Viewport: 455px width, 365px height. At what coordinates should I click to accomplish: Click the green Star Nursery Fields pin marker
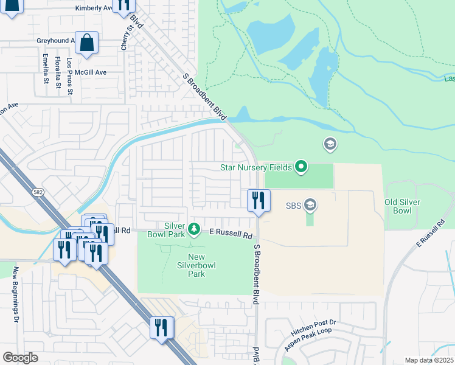[301, 166]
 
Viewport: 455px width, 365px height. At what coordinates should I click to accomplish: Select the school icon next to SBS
[310, 204]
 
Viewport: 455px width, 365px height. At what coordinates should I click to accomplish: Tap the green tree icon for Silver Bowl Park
[194, 229]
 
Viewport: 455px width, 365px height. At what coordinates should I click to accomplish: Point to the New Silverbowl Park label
[204, 265]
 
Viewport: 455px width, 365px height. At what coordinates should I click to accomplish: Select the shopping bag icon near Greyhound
[86, 43]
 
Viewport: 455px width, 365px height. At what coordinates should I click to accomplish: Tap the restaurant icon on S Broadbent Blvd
[259, 200]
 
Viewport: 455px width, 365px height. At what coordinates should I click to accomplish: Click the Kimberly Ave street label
[94, 9]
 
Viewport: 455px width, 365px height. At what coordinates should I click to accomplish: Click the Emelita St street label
[46, 68]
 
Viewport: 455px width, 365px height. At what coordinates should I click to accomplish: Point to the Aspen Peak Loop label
[310, 341]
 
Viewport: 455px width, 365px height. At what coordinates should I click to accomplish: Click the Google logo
[20, 358]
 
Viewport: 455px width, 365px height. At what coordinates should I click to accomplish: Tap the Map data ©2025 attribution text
[428, 360]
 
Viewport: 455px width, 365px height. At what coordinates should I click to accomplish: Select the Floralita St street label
[58, 72]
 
